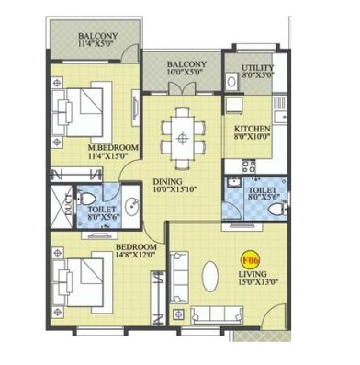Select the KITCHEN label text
pos(250,128)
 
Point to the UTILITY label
pos(257,68)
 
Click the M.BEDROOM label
pos(113,146)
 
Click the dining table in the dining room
pos(184,138)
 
